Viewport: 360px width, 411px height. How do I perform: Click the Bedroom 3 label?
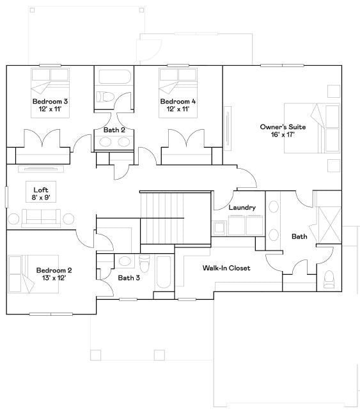[x=50, y=102]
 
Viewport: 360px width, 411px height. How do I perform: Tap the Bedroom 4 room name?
[x=178, y=102]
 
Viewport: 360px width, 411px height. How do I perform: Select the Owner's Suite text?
[x=282, y=127]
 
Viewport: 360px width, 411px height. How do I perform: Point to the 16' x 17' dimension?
[x=282, y=136]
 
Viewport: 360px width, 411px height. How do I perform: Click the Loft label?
[x=40, y=189]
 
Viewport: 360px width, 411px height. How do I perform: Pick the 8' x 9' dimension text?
[x=40, y=198]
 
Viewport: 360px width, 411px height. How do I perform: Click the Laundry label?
[x=242, y=207]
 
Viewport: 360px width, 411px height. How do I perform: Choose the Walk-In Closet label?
[x=226, y=268]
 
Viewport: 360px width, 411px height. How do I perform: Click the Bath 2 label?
[x=114, y=130]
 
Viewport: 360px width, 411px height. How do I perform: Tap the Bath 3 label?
[x=129, y=277]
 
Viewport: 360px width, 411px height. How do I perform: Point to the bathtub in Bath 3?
[x=164, y=272]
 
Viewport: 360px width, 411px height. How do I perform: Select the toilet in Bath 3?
[x=145, y=263]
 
